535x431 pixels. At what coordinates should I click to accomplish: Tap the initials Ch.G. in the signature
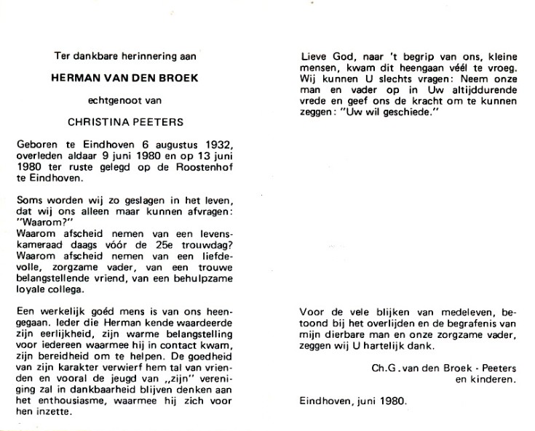coord(384,367)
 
